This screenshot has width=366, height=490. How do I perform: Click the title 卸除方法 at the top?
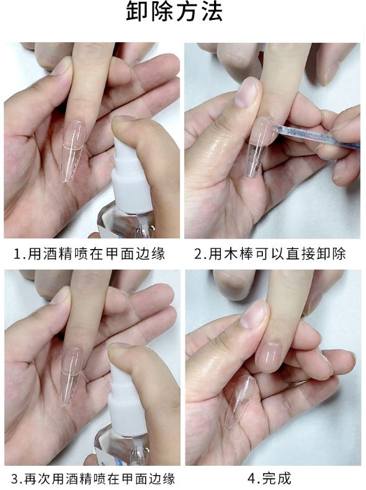click(174, 12)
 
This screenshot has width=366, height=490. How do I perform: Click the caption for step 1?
click(89, 254)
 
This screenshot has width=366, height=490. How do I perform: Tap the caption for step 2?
click(270, 254)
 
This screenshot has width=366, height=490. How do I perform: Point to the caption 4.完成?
click(270, 478)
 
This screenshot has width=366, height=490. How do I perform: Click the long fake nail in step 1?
click(73, 151)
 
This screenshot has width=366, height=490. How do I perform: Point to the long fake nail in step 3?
click(71, 376)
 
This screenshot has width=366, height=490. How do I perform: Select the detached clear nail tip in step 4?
click(239, 401)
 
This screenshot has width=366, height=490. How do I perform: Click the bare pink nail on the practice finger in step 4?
click(269, 357)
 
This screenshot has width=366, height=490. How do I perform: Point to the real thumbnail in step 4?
click(254, 314)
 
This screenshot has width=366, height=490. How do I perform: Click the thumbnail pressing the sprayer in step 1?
click(124, 119)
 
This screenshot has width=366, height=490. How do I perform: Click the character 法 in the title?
click(212, 12)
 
